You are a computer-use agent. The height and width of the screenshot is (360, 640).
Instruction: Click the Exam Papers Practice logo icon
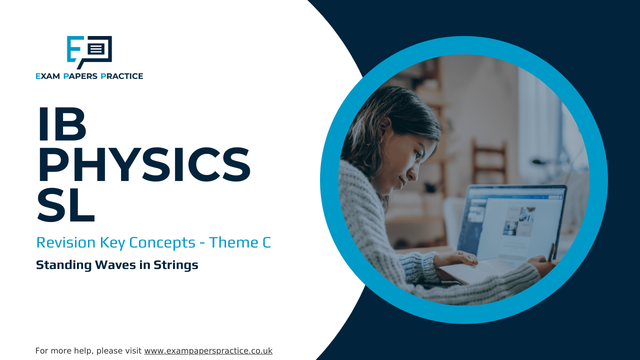[x=89, y=52]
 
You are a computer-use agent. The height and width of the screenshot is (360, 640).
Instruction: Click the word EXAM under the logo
[x=47, y=76]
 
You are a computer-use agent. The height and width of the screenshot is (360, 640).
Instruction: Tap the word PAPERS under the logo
[x=80, y=76]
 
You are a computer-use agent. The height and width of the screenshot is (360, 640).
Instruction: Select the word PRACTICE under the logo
[x=121, y=76]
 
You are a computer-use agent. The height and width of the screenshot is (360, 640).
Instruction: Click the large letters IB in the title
[x=62, y=124]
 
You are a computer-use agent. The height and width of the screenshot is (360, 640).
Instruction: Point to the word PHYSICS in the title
[x=144, y=164]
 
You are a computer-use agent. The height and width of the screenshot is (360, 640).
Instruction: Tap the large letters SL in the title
[x=66, y=205]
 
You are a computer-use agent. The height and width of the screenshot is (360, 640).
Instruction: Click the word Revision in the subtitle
[x=65, y=242]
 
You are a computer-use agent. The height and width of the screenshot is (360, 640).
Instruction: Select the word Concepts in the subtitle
[x=162, y=243]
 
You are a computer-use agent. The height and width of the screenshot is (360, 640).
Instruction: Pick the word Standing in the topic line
[x=63, y=265]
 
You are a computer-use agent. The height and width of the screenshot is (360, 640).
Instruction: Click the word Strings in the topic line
[x=175, y=265]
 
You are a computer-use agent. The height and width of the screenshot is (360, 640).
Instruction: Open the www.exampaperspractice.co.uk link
[x=208, y=351]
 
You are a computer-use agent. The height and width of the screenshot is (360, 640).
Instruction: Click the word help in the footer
[x=85, y=351]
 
